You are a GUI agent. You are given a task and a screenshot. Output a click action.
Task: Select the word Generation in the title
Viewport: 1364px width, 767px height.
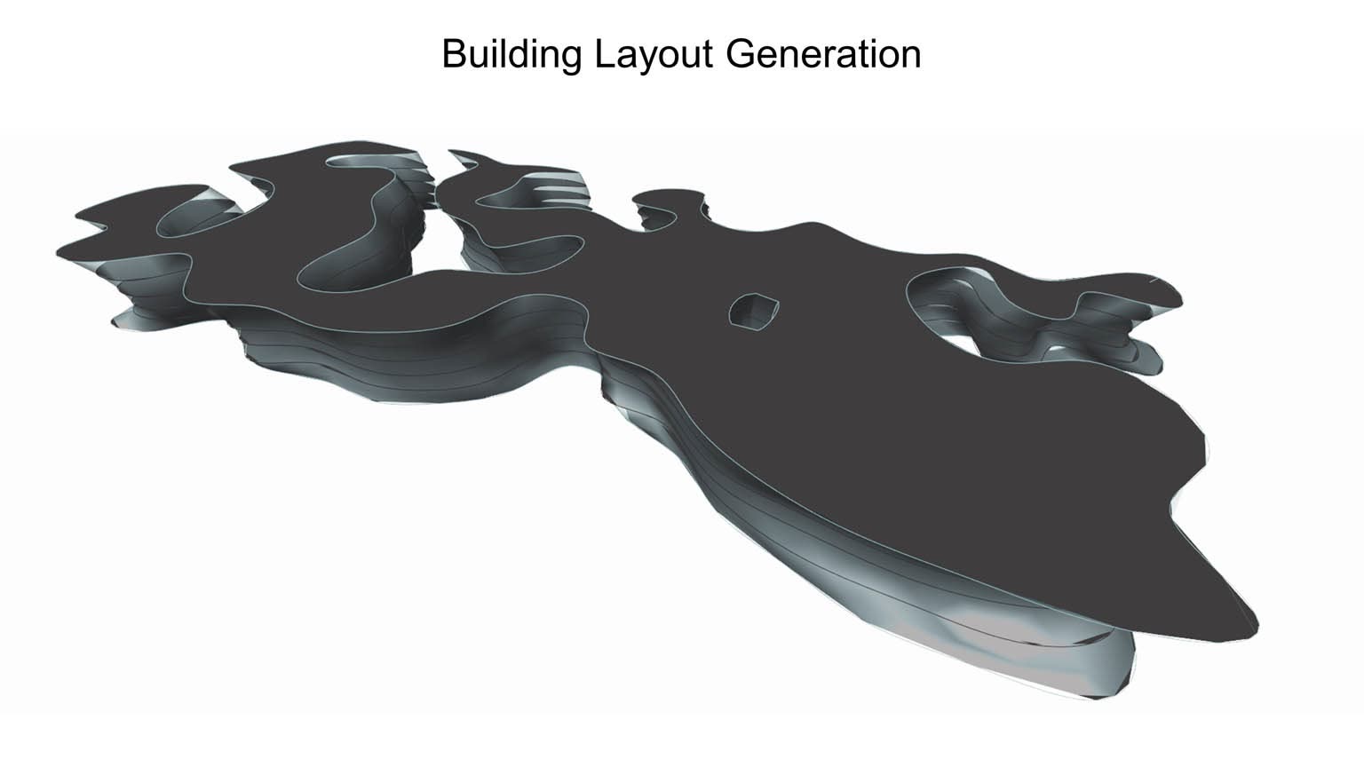click(823, 53)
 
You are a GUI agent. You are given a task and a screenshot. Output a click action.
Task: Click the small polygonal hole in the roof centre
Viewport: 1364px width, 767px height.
click(754, 311)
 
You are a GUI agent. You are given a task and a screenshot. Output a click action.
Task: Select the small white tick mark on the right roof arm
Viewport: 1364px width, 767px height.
click(1154, 281)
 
